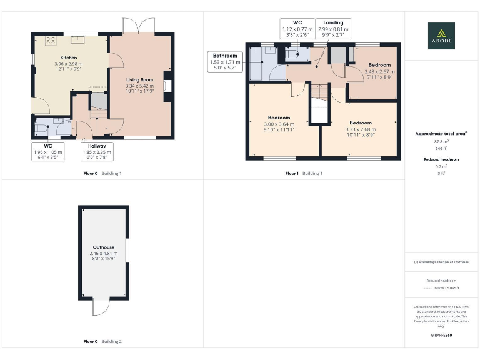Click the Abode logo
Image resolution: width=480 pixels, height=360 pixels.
[441, 36]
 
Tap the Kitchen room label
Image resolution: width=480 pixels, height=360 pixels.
[69, 57]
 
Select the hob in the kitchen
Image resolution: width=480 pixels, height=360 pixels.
[50, 41]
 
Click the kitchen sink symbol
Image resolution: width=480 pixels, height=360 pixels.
[80, 41]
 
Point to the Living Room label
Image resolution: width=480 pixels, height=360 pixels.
[139, 80]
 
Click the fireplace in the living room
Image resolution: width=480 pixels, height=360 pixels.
[167, 86]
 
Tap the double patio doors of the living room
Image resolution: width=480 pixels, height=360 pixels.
[139, 26]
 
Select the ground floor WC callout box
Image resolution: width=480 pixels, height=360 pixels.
[48, 151]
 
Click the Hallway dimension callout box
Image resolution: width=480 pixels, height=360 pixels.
[96, 151]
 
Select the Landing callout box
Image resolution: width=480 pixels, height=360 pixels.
[332, 29]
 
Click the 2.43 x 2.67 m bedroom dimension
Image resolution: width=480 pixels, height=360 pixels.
[379, 71]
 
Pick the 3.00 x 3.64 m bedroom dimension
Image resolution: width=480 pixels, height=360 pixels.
[279, 124]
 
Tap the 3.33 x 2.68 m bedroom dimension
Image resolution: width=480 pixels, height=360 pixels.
[361, 129]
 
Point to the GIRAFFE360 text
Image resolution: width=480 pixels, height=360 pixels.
[441, 336]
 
